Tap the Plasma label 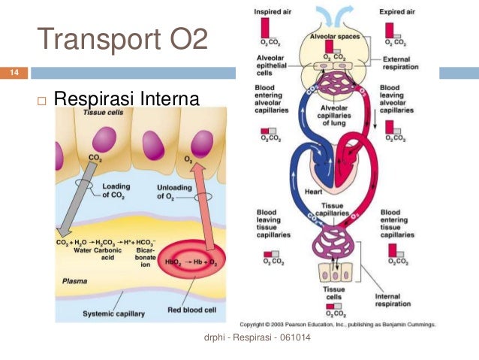click(x=74, y=281)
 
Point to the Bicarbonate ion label click(x=166, y=257)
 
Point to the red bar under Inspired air click(x=265, y=27)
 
